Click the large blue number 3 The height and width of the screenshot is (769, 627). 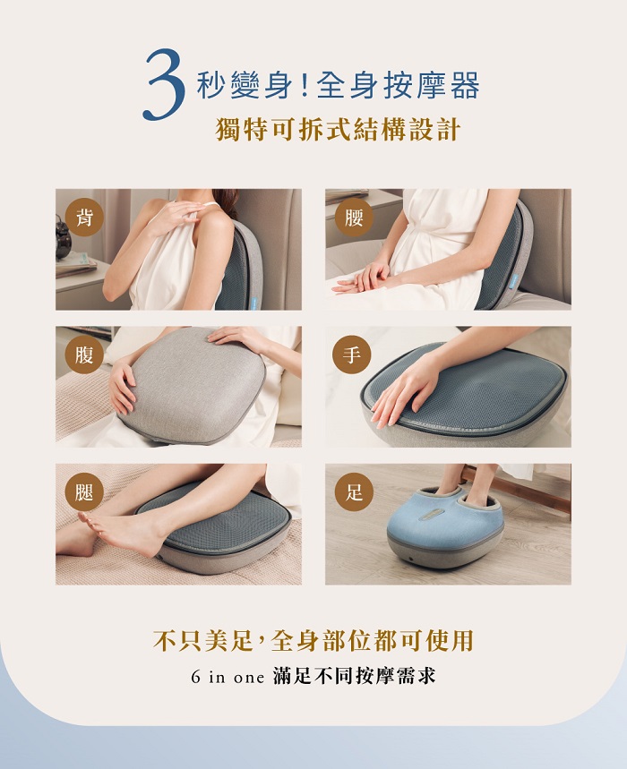(165, 84)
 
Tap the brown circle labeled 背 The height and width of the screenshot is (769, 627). (84, 218)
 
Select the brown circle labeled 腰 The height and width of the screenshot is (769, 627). (354, 218)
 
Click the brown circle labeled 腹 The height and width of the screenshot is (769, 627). (84, 355)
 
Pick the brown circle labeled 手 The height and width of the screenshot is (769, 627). (352, 355)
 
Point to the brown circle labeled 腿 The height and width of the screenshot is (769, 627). (84, 491)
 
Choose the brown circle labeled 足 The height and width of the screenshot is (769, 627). (354, 491)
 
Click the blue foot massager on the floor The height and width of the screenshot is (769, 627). (445, 526)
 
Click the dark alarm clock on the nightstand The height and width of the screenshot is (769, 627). (63, 240)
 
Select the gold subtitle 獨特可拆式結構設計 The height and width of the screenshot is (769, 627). (338, 130)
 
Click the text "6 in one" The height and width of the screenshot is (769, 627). (228, 678)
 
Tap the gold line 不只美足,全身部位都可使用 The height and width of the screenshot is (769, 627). (313, 640)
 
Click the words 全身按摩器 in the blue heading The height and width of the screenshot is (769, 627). (398, 85)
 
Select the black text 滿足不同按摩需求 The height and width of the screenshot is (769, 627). (354, 676)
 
